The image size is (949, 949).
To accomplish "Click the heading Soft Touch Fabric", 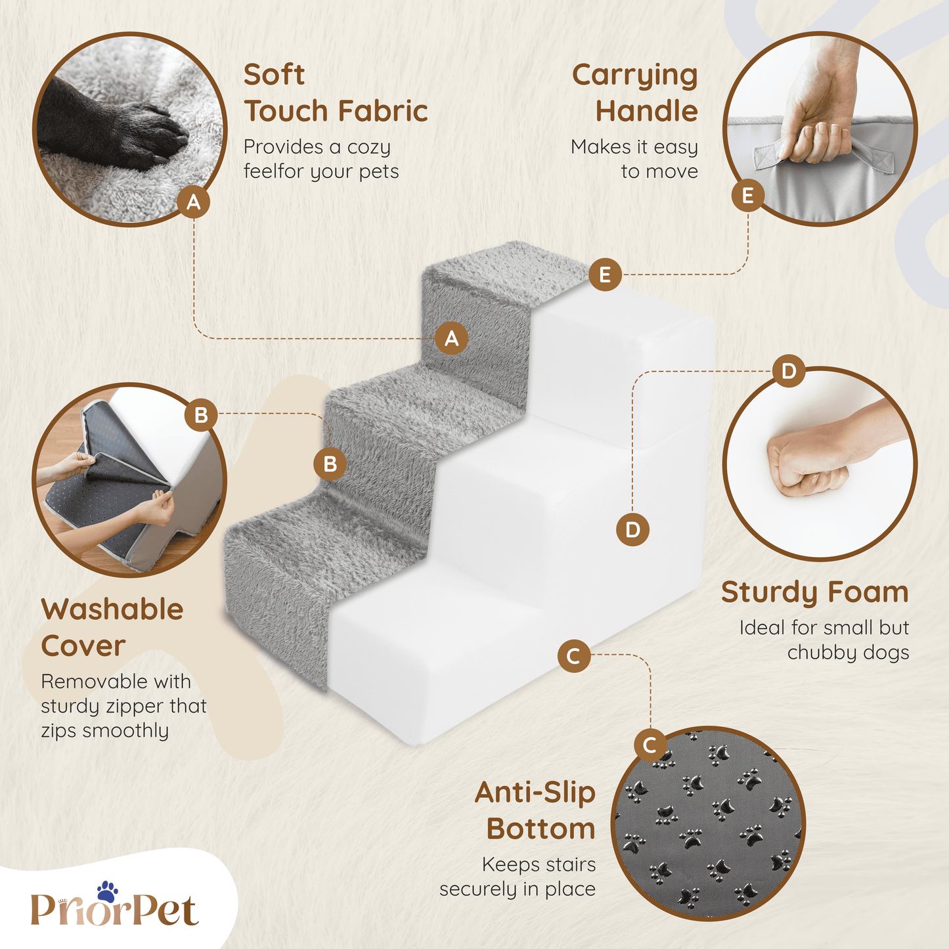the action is click(336, 93).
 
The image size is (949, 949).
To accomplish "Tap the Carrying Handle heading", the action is click(635, 93).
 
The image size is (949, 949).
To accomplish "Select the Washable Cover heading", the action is click(112, 627).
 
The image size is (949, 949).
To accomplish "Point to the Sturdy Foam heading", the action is click(815, 592).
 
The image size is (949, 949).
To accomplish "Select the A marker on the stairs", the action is click(451, 338).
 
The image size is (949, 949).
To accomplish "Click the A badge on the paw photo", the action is click(194, 202).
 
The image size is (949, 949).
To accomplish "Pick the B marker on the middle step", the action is click(330, 464).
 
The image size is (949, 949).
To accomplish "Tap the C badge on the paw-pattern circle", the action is click(650, 745).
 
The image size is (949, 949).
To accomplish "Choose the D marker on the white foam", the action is click(632, 529).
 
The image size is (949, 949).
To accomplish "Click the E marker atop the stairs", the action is click(605, 275).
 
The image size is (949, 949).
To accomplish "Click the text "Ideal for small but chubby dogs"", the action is click(824, 640).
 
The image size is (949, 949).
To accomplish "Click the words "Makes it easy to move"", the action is click(634, 158).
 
